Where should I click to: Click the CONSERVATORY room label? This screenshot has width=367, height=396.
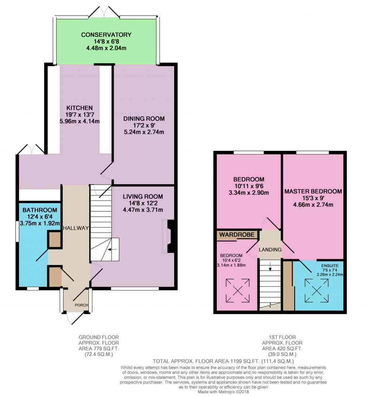[106, 34]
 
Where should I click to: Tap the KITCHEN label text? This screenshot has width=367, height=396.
[80, 108]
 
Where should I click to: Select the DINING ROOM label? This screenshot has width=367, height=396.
[144, 119]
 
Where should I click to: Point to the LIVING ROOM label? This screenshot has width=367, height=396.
[143, 196]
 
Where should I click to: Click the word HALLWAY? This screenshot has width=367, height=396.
[76, 228]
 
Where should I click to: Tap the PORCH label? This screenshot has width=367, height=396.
[81, 305]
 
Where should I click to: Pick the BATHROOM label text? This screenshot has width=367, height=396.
[40, 210]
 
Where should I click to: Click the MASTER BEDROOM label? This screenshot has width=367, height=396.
[313, 191]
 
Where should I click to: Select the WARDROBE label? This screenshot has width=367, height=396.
[237, 234]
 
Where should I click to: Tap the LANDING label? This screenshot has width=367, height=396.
[270, 250]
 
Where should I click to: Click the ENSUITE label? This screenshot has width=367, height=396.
[330, 266]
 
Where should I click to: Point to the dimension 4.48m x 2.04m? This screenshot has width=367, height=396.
[106, 48]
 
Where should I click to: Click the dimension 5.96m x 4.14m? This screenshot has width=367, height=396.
[80, 121]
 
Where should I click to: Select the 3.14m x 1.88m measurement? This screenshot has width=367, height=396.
[231, 265]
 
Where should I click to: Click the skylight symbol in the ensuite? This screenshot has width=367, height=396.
[316, 291]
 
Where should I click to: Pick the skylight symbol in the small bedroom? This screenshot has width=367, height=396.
[238, 290]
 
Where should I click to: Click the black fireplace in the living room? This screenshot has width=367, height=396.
[171, 236]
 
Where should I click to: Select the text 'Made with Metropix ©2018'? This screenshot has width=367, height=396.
[223, 392]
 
